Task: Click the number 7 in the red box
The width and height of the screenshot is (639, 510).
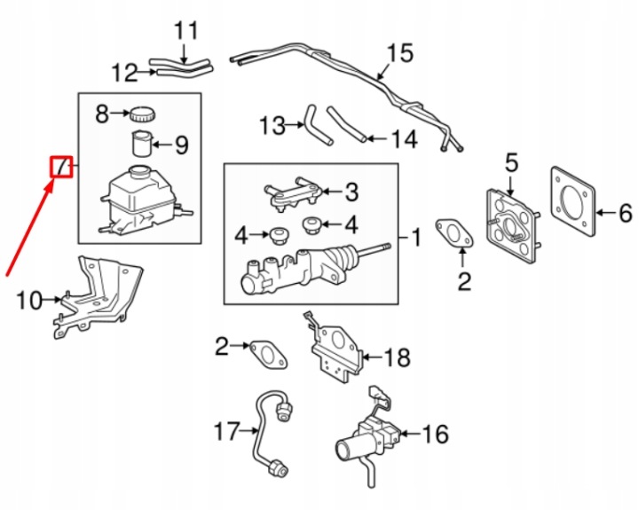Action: pos(62,167)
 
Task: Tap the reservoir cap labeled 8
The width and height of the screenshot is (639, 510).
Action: pos(143,114)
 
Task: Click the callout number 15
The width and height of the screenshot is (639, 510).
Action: pos(399,53)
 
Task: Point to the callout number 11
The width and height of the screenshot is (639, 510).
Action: pos(185,30)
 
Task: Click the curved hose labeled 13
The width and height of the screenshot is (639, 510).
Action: pos(318,125)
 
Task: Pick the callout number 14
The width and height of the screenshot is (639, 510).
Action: pos(405,139)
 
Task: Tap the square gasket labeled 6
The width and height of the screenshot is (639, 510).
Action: pos(572,201)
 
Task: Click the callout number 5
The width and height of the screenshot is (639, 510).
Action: pos(511,162)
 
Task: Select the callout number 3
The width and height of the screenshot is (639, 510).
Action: pos(351,192)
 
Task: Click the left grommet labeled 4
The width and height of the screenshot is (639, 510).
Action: pos(279,236)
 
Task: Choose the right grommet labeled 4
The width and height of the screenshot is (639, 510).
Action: pos(312,225)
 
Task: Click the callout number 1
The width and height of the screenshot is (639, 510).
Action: pos(416,237)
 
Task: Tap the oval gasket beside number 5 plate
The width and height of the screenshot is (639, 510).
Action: pos(454,234)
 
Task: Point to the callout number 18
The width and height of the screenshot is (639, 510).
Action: pos(397,357)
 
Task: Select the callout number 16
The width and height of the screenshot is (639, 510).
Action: pos(435,434)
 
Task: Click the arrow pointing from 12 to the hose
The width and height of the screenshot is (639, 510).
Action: pos(146,73)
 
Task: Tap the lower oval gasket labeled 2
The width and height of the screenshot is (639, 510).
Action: pos(269,355)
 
